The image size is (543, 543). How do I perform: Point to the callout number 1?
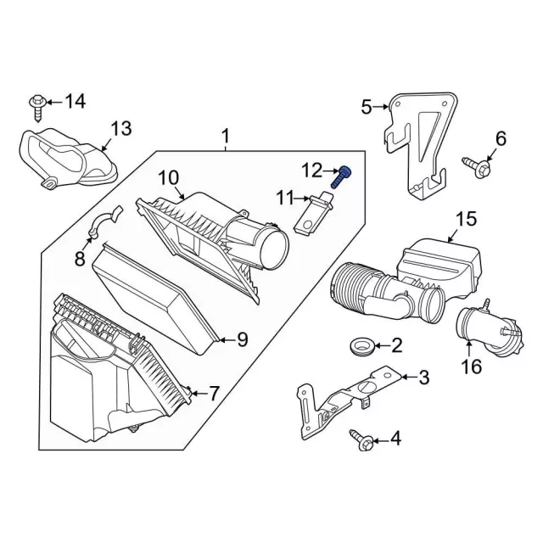pyautogui.click(x=226, y=136)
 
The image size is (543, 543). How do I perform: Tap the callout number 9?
pyautogui.click(x=242, y=340)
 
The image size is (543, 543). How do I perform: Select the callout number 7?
pyautogui.click(x=214, y=394)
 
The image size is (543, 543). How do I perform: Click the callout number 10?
pyautogui.click(x=167, y=178)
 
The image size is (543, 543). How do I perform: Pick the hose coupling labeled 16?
pyautogui.click(x=479, y=331)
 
